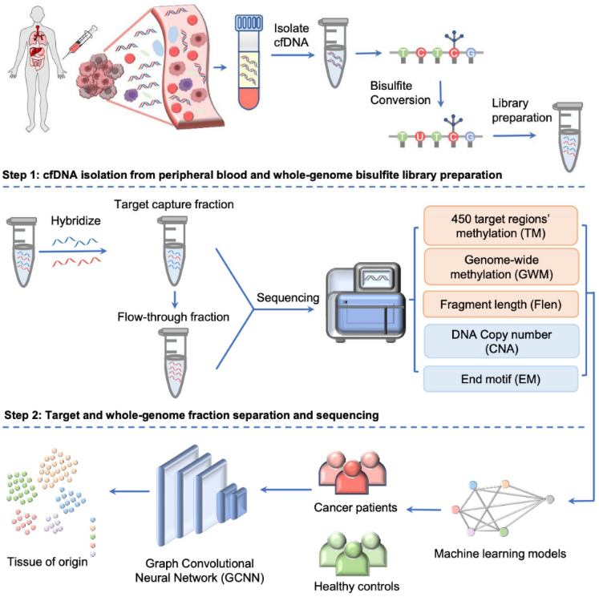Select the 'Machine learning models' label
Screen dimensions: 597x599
tap(501, 554)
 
